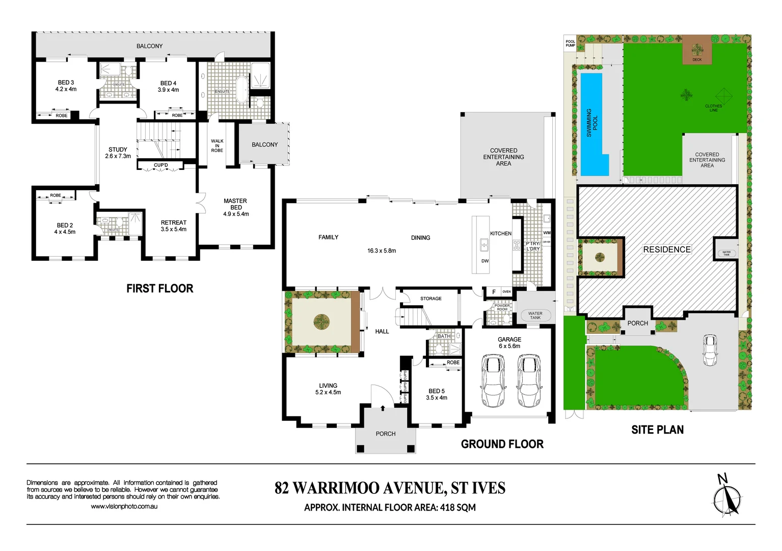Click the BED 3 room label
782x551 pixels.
[x=66, y=86]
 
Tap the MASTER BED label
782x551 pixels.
[x=235, y=207]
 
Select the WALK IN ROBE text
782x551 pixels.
[x=217, y=145]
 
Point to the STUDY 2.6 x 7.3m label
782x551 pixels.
[x=118, y=153]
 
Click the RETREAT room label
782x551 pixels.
[x=173, y=226]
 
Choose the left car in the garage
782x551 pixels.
[x=493, y=381]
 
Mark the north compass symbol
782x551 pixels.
[x=727, y=497]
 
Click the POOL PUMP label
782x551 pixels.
[x=570, y=43]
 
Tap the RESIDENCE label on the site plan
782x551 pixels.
[x=666, y=249]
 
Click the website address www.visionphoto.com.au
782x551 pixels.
[x=124, y=507]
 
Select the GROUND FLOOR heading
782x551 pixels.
[x=502, y=444]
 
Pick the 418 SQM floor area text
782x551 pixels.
[x=457, y=508]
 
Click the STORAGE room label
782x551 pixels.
[x=430, y=298]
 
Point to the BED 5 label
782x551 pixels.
[x=437, y=394]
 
